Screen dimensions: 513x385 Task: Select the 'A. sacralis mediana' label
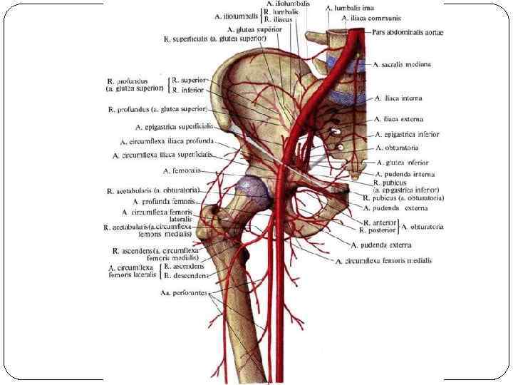click(x=405, y=64)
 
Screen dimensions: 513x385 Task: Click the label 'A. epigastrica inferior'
click(x=407, y=134)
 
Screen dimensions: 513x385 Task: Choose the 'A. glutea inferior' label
click(x=403, y=162)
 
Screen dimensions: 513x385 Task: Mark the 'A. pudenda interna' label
click(x=405, y=174)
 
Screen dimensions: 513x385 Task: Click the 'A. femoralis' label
click(x=182, y=172)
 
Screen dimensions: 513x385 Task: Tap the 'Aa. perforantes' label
click(x=185, y=293)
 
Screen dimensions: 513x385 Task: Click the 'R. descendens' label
click(x=185, y=275)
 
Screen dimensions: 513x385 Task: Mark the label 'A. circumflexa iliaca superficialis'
click(x=163, y=155)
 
